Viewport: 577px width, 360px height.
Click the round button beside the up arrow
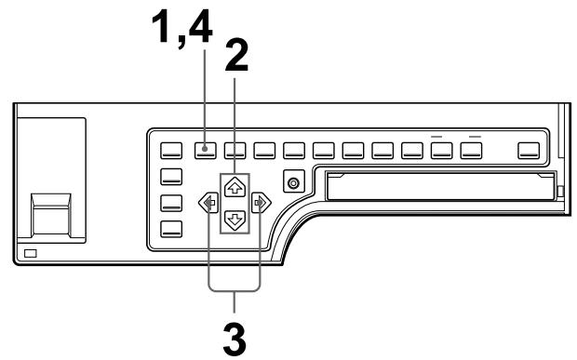[x=294, y=182]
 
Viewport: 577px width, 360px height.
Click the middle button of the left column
[x=172, y=203]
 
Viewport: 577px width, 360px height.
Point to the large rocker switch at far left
[x=51, y=212]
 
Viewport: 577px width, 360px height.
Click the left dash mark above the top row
[x=439, y=136]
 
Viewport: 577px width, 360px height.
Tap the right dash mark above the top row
[x=473, y=136]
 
